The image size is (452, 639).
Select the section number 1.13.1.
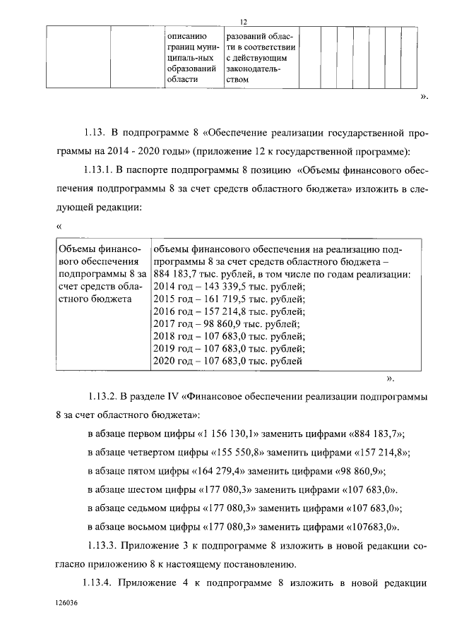click(98, 169)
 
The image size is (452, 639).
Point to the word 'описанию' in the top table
click(186, 35)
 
